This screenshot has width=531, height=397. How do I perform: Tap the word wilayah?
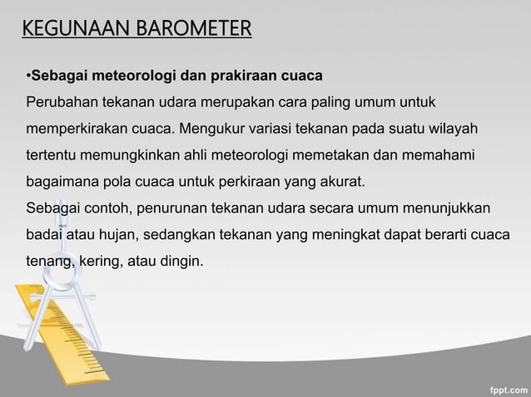click(454, 129)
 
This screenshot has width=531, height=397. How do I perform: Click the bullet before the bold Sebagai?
click(28, 77)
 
